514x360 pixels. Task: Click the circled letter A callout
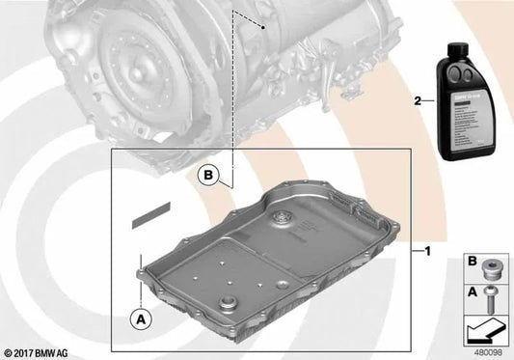141,316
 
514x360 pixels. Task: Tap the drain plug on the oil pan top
281,219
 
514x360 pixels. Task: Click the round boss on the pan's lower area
228,308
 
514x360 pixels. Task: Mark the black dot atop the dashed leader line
263,30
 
